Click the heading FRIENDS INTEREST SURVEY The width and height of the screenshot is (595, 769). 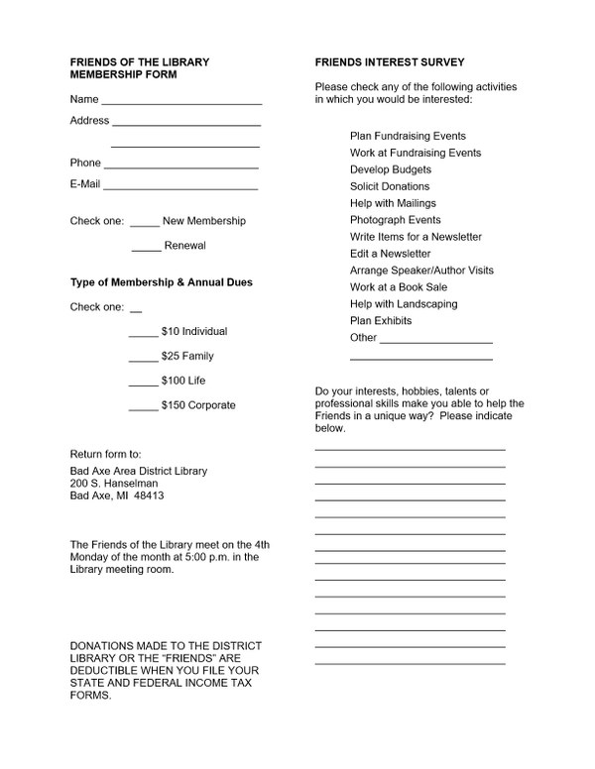coord(375,62)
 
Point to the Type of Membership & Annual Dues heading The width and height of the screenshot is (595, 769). coord(161,282)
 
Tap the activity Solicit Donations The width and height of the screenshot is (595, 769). coord(390,186)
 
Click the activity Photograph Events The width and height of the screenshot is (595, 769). coord(396,220)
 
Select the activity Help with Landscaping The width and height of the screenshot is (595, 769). coord(402,304)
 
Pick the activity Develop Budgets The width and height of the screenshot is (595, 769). coord(391,169)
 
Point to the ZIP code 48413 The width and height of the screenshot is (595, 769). coord(149,495)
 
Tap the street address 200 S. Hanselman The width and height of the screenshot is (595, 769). coord(114,483)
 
